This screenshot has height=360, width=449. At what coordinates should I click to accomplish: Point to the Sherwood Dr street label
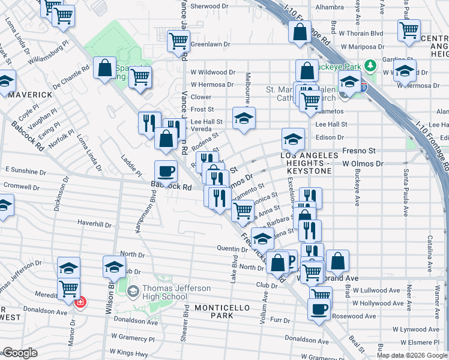coord(210,7)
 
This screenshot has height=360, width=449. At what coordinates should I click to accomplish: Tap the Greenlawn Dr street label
coord(211,44)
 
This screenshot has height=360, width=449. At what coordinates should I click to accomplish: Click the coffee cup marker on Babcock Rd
coord(166,172)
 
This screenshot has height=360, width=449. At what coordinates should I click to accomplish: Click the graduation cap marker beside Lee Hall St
coord(244,118)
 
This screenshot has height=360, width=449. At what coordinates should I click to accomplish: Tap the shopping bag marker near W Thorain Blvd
coord(300,31)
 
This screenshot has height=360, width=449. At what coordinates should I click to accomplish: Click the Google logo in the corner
coord(20,353)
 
